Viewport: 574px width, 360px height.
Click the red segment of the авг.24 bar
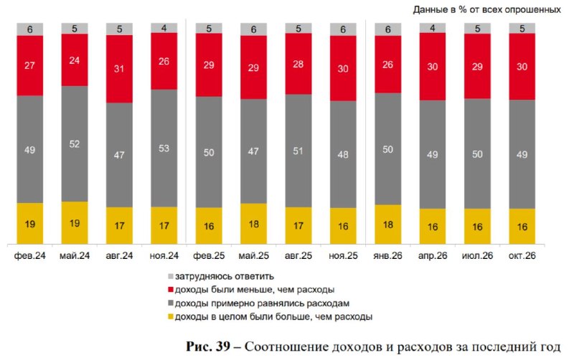119,69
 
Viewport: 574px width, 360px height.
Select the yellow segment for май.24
75,222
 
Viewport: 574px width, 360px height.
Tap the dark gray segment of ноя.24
164,148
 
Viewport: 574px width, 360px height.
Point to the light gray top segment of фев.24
30,29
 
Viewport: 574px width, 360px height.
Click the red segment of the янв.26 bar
388,65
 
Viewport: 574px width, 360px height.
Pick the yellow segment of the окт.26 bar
522,227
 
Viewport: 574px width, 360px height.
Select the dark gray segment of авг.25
298,151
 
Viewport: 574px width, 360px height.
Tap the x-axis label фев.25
209,256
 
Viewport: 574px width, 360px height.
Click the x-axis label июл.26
477,256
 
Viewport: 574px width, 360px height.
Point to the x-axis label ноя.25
343,256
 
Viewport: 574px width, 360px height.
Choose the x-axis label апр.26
433,256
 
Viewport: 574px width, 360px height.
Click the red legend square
171,290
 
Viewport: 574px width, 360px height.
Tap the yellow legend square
171,317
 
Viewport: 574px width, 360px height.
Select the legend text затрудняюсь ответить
225,277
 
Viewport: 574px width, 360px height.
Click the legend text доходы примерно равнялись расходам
262,303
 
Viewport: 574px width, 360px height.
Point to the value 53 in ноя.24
164,148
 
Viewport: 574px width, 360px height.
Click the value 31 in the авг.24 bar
119,69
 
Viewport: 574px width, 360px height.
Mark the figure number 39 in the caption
222,346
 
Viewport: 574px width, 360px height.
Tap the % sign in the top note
463,10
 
